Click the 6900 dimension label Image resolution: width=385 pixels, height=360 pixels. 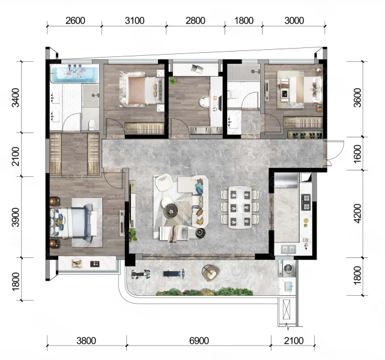tap(199, 341)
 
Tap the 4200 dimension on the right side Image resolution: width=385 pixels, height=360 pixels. tap(357, 214)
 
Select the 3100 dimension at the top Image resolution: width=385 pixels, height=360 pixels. tap(135, 20)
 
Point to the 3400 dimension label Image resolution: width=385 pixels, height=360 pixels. tap(16, 97)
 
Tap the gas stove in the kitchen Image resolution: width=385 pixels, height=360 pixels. tap(306, 202)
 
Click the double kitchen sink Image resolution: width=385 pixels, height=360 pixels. tap(288, 249)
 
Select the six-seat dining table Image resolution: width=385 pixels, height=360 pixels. tap(240, 207)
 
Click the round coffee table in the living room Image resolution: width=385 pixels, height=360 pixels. tap(171, 210)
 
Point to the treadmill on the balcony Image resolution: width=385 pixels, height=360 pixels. tap(141, 274)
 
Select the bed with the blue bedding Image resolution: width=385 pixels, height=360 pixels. tap(73, 223)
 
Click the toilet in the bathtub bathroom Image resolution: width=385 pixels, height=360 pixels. tap(91, 124)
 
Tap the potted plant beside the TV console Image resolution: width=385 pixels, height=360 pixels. tap(133, 235)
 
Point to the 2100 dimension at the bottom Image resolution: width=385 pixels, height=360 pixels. tap(294, 341)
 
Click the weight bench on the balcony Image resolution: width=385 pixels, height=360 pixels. tap(174, 274)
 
